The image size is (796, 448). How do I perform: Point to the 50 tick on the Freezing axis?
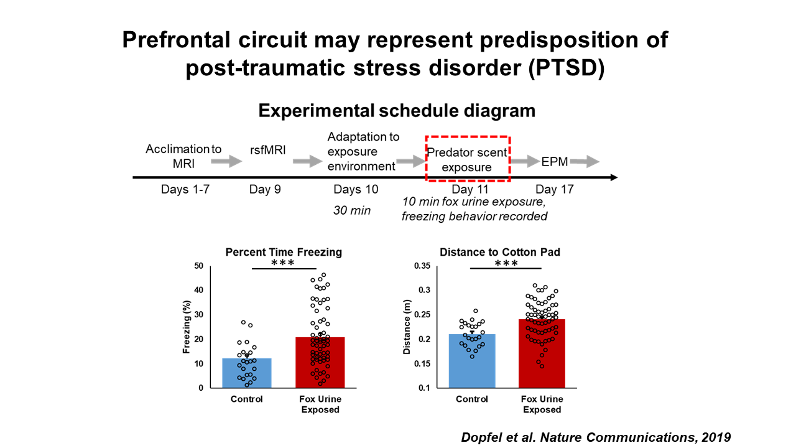pyautogui.click(x=200, y=266)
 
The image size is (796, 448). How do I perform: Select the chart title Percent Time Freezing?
pyautogui.click(x=284, y=253)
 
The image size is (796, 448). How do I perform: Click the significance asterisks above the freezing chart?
pyautogui.click(x=283, y=264)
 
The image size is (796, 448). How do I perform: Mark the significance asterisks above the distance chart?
pyautogui.click(x=506, y=264)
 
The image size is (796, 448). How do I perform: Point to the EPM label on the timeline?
pyautogui.click(x=554, y=161)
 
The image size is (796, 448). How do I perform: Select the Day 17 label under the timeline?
pyautogui.click(x=554, y=189)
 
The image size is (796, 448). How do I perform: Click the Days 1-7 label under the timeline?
pyautogui.click(x=185, y=189)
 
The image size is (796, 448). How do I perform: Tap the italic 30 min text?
pyautogui.click(x=352, y=210)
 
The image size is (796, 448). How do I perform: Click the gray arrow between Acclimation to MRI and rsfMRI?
pyautogui.click(x=226, y=162)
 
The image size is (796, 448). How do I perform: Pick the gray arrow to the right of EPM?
pyautogui.click(x=585, y=162)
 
